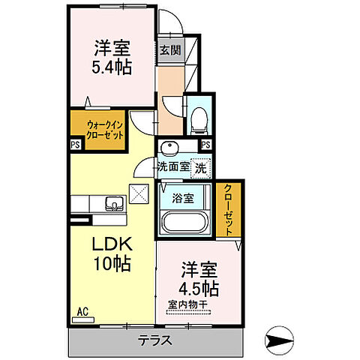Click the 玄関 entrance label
click(x=171, y=51)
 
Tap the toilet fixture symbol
click(x=199, y=118)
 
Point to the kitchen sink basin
click(x=115, y=203)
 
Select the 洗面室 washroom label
click(x=172, y=169)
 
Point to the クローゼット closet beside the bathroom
click(x=226, y=209)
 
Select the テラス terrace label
click(x=154, y=340)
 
